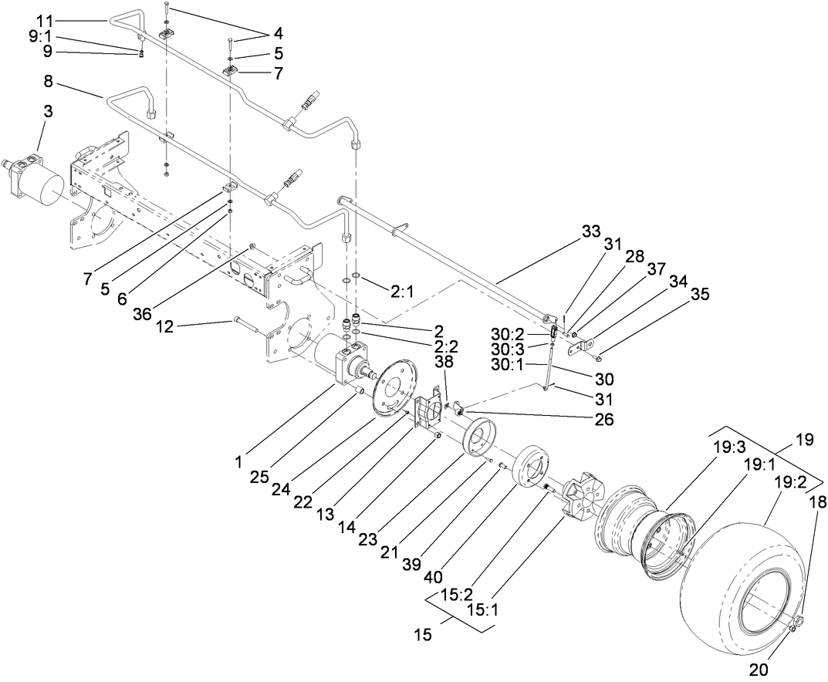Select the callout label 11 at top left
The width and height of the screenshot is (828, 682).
point(46,19)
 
